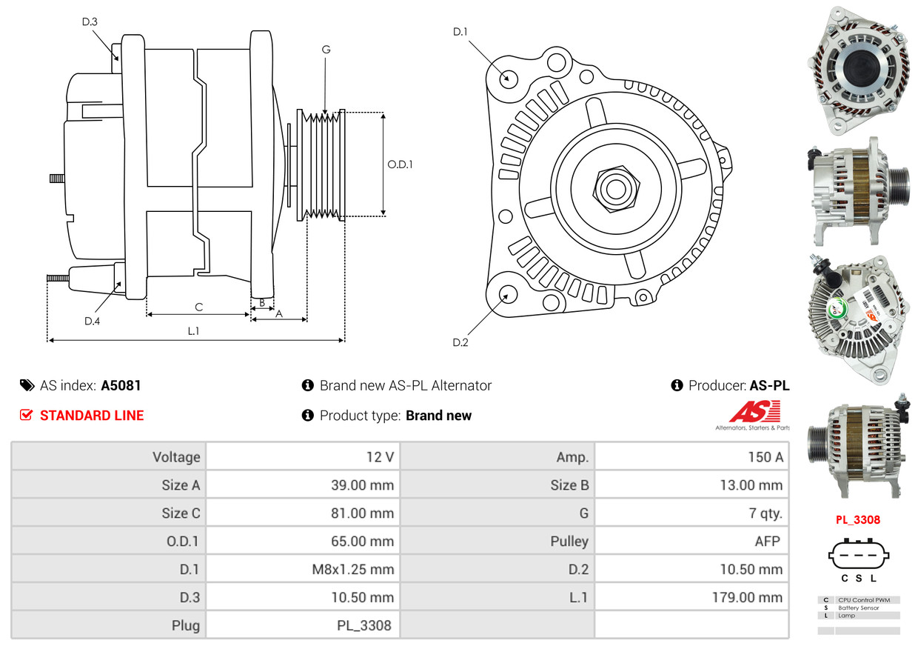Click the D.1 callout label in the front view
460,32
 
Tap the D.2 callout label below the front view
460,342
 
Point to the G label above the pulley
326,50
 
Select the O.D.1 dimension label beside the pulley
400,164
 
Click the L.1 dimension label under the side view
193,331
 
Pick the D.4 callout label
92,321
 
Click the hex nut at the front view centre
614,188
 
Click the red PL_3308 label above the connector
858,519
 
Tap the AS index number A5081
121,385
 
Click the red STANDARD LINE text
92,416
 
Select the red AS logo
754,412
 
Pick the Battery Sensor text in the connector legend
859,608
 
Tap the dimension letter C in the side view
198,307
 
